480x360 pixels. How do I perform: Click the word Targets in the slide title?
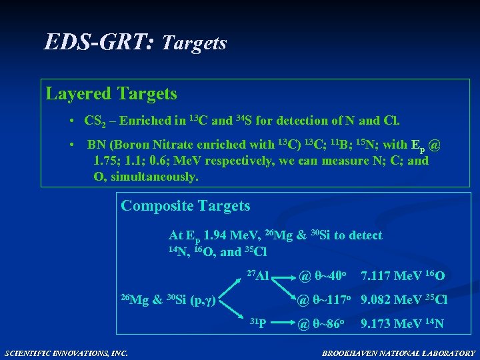click(195, 43)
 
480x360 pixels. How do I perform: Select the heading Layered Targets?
click(111, 93)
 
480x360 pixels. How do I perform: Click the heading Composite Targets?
click(185, 205)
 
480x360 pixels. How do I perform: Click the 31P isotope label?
click(257, 325)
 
